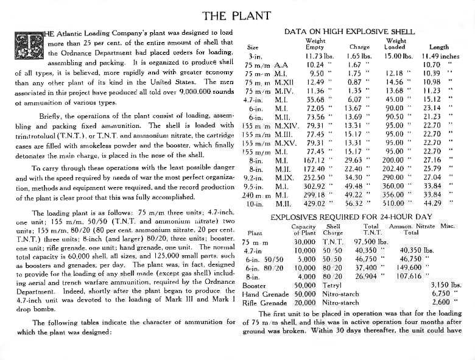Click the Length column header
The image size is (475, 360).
point(439,47)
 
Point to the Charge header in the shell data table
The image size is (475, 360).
point(360,47)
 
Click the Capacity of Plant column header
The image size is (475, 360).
point(304,228)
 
